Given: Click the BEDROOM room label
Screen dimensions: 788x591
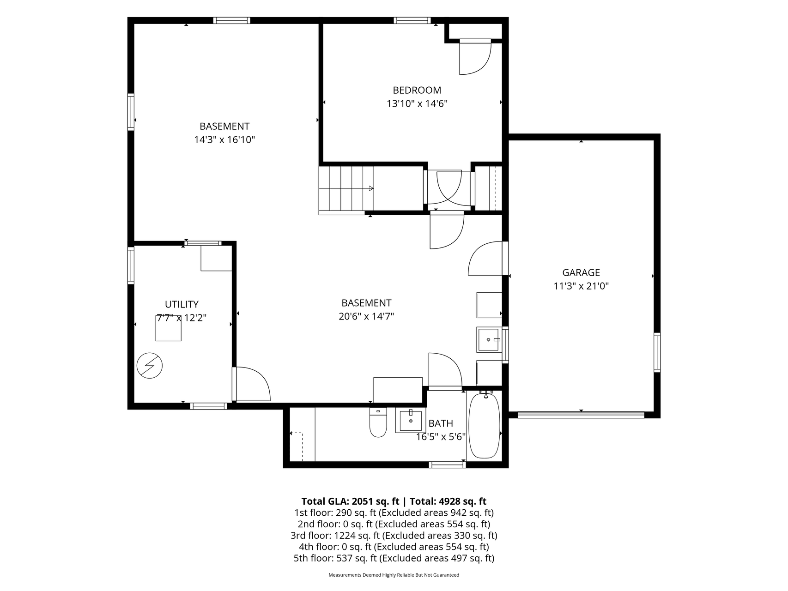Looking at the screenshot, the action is pyautogui.click(x=417, y=90).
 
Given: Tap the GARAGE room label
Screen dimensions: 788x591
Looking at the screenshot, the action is pyautogui.click(x=581, y=272).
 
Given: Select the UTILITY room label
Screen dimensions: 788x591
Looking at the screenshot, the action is pyautogui.click(x=182, y=304).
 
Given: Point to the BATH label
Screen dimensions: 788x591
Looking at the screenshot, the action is pyautogui.click(x=441, y=423).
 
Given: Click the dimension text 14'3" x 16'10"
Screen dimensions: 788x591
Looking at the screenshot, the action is pyautogui.click(x=224, y=139).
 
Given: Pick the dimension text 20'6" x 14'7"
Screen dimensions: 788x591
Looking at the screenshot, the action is pyautogui.click(x=366, y=316).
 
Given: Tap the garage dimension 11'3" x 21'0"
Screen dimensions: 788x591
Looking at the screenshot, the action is pyautogui.click(x=581, y=286).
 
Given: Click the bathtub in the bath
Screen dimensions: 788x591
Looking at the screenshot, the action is pyautogui.click(x=484, y=425).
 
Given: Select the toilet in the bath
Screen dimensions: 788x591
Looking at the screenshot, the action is pyautogui.click(x=378, y=422).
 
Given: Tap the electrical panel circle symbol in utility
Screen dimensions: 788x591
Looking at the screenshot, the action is pyautogui.click(x=150, y=366).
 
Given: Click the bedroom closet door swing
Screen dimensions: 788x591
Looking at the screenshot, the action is pyautogui.click(x=475, y=57).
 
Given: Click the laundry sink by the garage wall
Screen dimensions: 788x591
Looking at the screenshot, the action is pyautogui.click(x=489, y=340).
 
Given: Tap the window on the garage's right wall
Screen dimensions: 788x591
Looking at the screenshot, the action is pyautogui.click(x=657, y=352).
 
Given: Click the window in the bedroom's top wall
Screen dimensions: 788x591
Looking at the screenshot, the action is pyautogui.click(x=412, y=20).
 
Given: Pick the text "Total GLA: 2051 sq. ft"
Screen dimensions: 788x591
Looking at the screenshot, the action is pyautogui.click(x=350, y=501).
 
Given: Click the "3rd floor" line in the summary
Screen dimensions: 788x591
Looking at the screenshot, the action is pyautogui.click(x=394, y=536).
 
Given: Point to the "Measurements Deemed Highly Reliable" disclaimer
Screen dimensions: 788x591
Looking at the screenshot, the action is pyautogui.click(x=394, y=575).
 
